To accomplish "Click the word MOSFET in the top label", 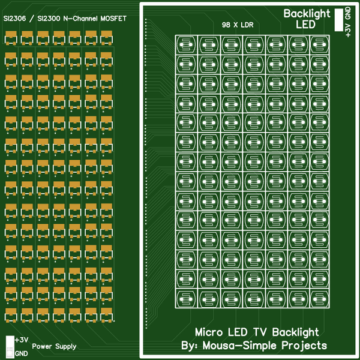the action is coord(113,19).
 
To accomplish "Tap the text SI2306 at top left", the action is coord(14,19).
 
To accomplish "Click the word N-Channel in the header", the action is coord(80,19).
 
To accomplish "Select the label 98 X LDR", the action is coord(238,25).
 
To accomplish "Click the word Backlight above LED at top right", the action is coord(307,14).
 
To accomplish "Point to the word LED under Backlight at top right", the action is coord(305,25).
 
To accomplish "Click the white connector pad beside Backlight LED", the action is coord(338,20).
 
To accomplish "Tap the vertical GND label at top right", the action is coord(348,13).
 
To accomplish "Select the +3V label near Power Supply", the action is coord(22,340).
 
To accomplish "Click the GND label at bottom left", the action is coord(22,353).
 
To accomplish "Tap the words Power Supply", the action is coord(54,346).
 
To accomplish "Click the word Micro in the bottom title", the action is coord(209,332).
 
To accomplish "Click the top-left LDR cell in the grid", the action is coord(186,45).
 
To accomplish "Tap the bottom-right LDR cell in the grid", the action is coord(320,299).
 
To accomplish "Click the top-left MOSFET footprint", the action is coord(11,38).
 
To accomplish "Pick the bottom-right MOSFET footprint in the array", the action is coord(107,315).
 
